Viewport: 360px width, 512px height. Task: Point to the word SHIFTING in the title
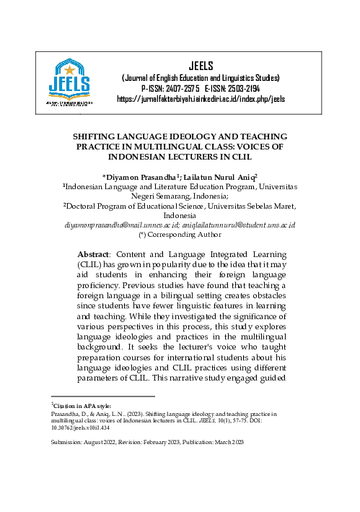pyautogui.click(x=119, y=136)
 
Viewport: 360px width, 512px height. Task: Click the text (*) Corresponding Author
pyautogui.click(x=180, y=235)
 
